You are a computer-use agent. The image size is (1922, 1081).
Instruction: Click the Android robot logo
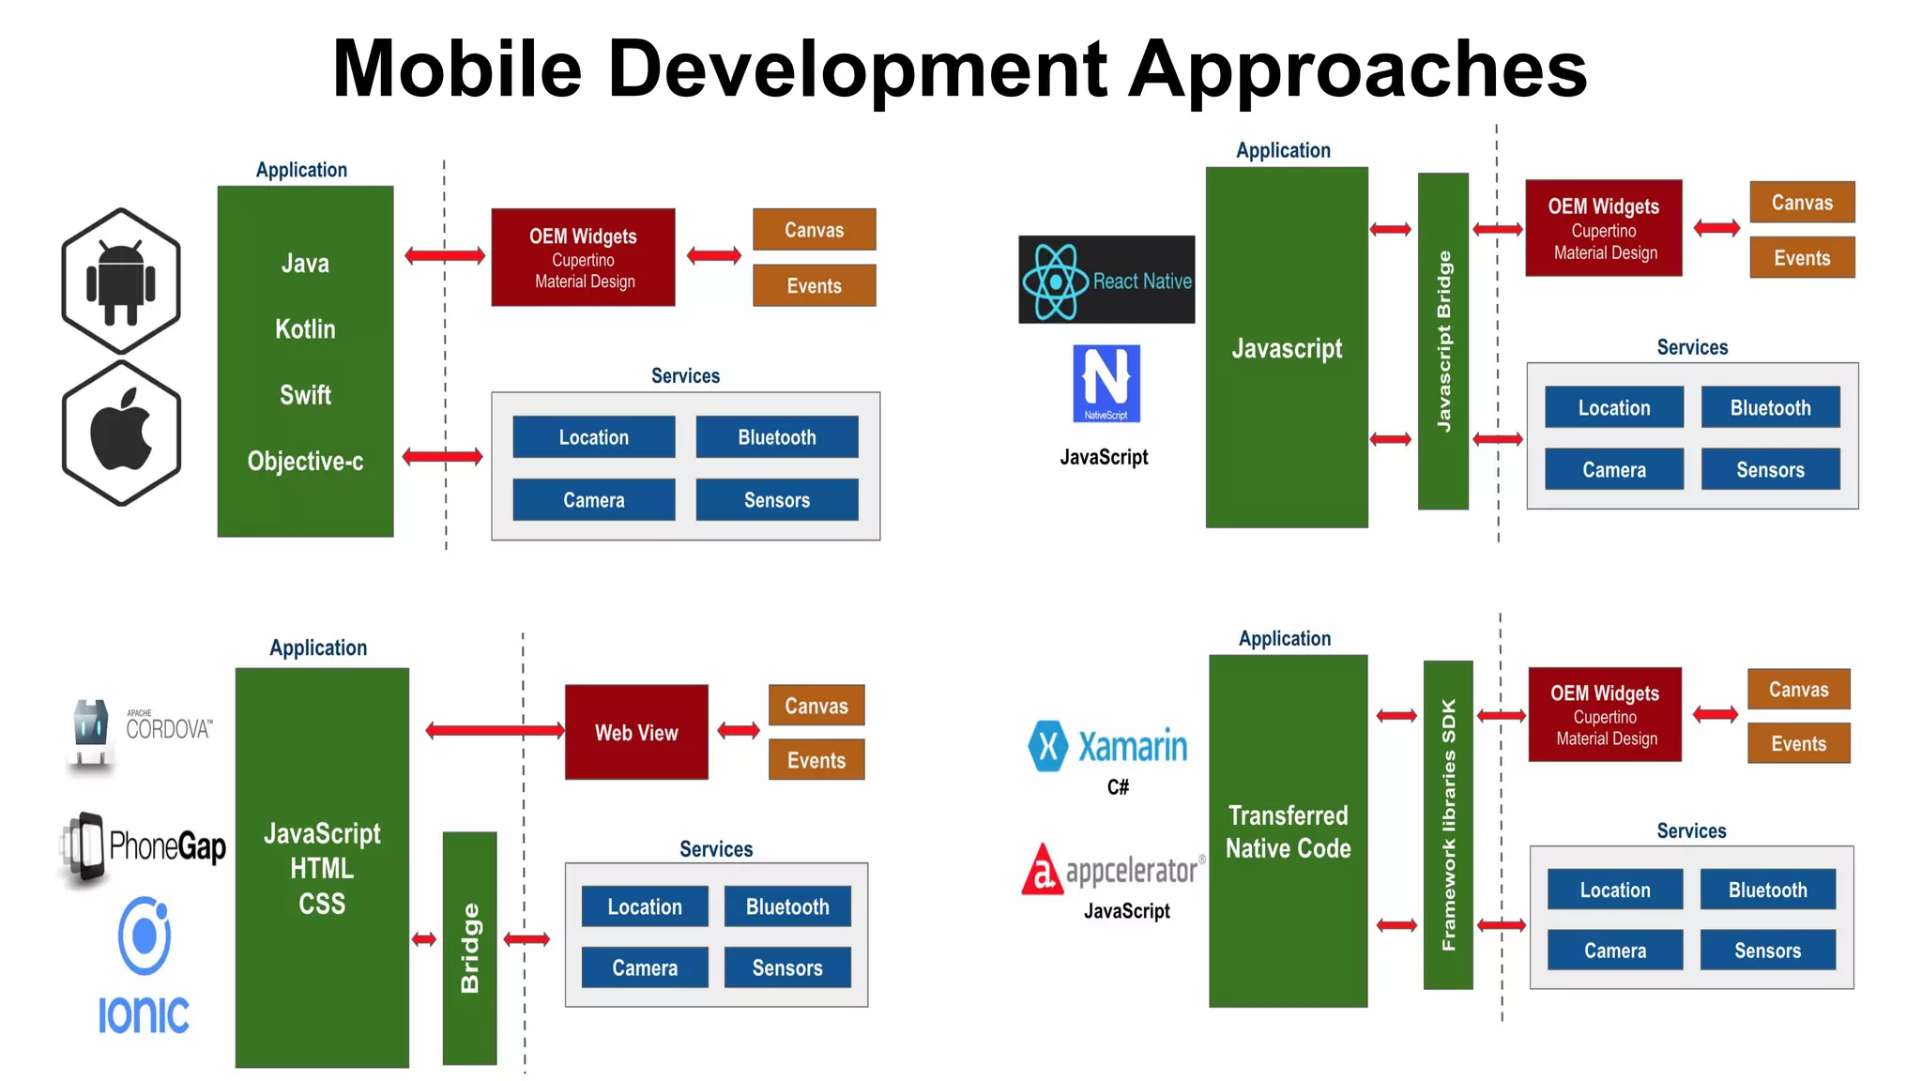(121, 281)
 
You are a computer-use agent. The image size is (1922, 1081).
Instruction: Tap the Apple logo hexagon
(121, 433)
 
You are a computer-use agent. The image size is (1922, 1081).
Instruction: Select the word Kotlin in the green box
(305, 329)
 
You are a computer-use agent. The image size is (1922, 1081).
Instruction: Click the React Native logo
(1106, 280)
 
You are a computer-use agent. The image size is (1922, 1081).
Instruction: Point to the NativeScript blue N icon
(1106, 383)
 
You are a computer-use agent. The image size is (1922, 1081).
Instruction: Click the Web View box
(636, 732)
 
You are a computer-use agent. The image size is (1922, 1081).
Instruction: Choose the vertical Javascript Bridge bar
(1443, 341)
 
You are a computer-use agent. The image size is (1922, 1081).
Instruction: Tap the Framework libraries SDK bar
(1448, 825)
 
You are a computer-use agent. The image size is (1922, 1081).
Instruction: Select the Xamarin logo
(1108, 747)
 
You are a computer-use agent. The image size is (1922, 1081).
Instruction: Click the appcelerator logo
(1113, 869)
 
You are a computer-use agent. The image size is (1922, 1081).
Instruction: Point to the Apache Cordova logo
(142, 732)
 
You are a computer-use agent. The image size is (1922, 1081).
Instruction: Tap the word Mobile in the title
(457, 69)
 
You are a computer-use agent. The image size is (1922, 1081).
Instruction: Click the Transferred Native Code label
(1288, 831)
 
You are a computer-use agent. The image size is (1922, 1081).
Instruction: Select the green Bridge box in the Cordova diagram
(469, 948)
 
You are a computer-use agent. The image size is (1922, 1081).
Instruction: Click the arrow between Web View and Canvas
(739, 730)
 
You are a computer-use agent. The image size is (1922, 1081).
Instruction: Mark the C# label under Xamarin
(1118, 787)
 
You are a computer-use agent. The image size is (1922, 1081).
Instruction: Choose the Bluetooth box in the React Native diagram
(1770, 408)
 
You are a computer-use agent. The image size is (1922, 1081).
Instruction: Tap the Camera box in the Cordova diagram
(645, 967)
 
